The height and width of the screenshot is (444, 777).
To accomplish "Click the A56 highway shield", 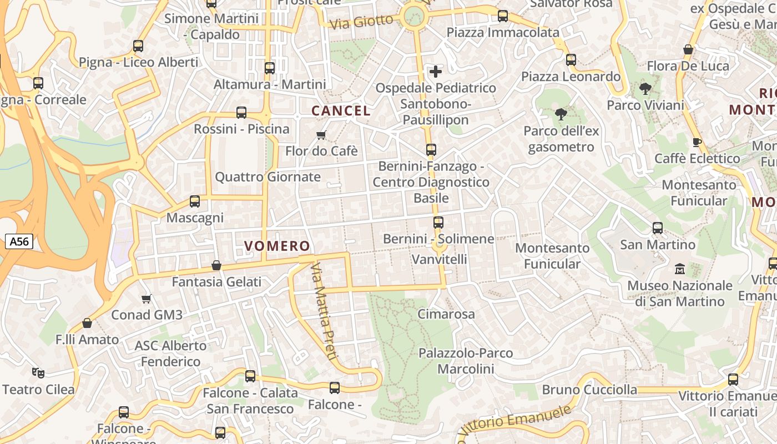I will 19,241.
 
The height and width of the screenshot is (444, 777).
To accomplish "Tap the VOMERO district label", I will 277,246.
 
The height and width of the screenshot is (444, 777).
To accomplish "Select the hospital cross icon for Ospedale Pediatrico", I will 436,71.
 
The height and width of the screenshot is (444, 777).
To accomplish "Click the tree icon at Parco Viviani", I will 645,88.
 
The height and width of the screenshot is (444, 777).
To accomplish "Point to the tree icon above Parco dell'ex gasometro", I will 561,114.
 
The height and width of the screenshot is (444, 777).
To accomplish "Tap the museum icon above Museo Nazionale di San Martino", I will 680,269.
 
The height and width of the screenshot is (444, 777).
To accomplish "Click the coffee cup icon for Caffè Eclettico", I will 697,142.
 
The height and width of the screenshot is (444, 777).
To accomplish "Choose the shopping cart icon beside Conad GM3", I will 147,299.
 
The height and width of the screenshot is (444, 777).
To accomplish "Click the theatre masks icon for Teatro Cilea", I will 38,372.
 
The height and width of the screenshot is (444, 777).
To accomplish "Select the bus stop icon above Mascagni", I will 195,201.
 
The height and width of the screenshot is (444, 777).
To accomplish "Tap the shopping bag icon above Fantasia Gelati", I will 216,265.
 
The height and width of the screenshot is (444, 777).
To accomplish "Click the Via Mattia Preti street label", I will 323,311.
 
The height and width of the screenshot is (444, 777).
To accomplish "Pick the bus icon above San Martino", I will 658,228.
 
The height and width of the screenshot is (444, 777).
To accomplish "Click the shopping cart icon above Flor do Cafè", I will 321,135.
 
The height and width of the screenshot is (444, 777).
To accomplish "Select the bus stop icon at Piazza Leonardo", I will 571,59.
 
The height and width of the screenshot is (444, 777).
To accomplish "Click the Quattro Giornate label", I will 268,177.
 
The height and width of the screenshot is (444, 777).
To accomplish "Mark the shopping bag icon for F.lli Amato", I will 87,323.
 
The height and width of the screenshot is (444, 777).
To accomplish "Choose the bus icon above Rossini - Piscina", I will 241,112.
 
